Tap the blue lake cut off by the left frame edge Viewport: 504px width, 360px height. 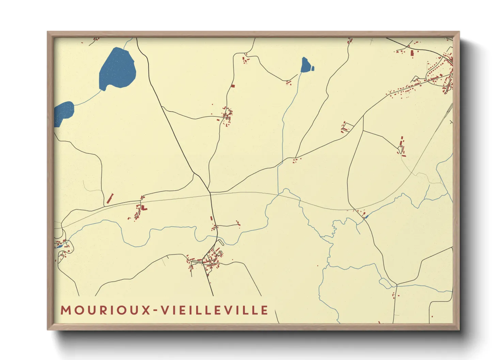(64, 112)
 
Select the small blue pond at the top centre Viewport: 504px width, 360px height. (305, 65)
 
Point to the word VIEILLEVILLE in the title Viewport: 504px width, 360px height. (215, 310)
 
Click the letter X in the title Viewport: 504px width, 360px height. (146, 310)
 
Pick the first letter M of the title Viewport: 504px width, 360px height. (65, 310)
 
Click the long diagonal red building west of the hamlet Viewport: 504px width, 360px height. (110, 199)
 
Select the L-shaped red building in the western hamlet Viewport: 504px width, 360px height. (144, 207)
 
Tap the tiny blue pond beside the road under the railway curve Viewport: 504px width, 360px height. (366, 216)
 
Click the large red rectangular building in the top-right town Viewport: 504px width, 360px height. (412, 53)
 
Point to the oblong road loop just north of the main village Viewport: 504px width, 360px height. (221, 242)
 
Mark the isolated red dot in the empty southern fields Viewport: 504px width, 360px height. (318, 266)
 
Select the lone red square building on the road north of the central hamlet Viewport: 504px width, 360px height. (233, 86)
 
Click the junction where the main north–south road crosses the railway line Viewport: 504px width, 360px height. (210, 194)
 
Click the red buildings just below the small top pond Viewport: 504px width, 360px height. (288, 82)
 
